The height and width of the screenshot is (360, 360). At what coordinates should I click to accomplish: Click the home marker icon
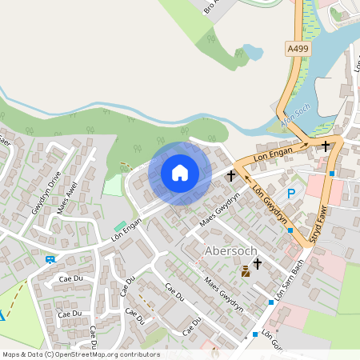pos(180,173)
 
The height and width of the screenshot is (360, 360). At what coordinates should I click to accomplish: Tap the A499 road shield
pos(297,49)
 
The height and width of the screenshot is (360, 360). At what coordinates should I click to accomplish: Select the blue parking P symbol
pos(291,194)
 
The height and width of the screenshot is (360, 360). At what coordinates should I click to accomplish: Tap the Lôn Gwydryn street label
pos(269,206)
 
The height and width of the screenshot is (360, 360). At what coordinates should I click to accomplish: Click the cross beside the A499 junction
pos(326,146)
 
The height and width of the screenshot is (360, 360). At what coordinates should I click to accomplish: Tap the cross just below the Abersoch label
pos(258,263)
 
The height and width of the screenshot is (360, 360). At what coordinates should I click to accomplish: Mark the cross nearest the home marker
pos(231,174)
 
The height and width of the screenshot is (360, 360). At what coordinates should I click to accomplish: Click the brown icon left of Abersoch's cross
pos(245,272)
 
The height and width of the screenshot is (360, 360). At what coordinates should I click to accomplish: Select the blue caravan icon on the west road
pos(51,259)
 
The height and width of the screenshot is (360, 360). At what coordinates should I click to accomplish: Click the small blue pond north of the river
pos(252,53)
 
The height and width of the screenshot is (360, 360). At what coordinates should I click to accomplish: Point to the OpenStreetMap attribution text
pos(80,354)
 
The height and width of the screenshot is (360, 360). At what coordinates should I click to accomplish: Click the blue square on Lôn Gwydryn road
pos(290,230)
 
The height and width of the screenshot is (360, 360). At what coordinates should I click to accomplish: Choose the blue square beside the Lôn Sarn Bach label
pos(272,302)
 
